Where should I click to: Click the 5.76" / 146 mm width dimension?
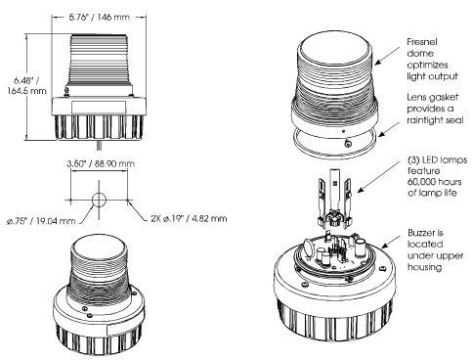99,17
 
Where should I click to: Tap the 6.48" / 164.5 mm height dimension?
27,85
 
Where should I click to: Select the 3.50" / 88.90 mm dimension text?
101,163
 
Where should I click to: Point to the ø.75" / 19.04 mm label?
41,221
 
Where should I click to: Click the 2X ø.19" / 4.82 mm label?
189,218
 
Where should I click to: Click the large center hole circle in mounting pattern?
99,200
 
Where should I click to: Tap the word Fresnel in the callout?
422,42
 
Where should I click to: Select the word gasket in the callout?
446,98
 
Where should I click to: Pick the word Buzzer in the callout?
422,233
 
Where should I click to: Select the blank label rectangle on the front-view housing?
99,108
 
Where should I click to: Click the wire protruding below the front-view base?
99,146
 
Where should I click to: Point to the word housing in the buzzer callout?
425,267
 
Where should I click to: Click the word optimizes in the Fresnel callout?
427,65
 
